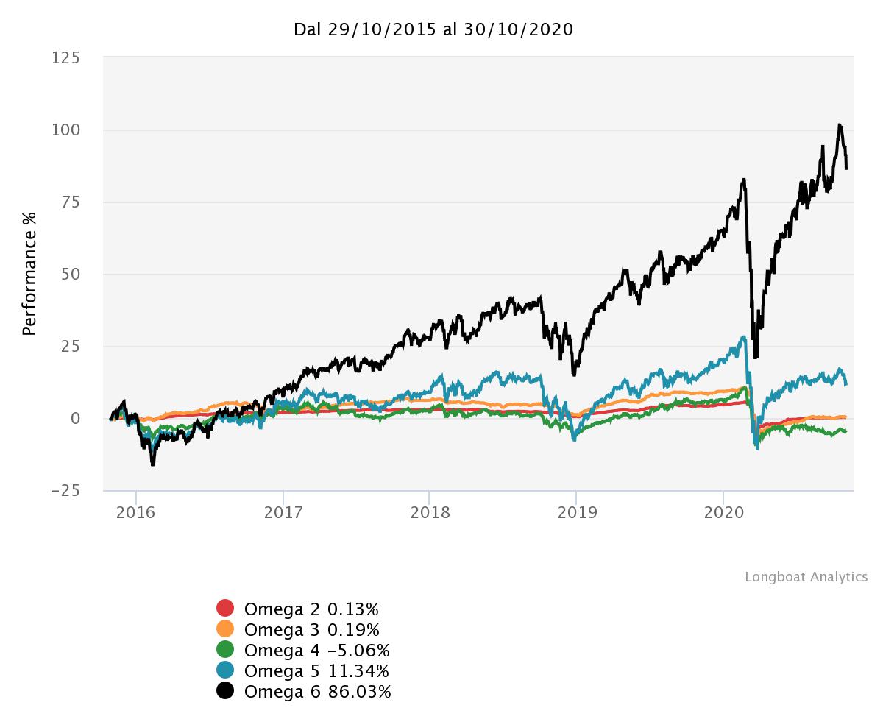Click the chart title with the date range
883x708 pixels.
click(433, 29)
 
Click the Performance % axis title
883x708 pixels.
click(29, 274)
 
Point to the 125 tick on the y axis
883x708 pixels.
click(67, 57)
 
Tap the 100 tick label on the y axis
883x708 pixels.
click(67, 130)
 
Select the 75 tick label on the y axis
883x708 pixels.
click(71, 202)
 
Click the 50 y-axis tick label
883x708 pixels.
click(71, 274)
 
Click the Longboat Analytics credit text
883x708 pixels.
click(806, 577)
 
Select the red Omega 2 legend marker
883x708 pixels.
click(225, 609)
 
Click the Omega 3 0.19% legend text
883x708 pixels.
click(312, 630)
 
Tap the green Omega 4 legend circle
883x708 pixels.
click(225, 650)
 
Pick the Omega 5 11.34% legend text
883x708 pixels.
click(316, 671)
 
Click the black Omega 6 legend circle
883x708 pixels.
click(225, 691)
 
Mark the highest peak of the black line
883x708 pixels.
click(840, 125)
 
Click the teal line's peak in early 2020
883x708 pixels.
click(744, 337)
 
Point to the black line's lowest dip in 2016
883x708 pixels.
click(152, 464)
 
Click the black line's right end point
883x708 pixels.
click(846, 169)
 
